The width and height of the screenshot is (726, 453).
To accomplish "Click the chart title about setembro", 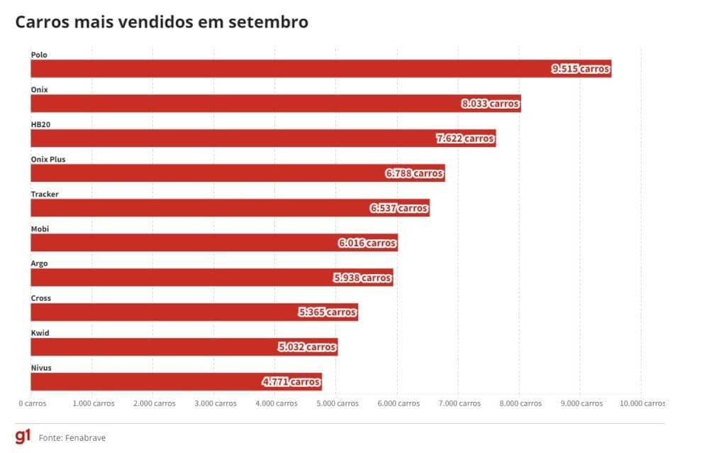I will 162,22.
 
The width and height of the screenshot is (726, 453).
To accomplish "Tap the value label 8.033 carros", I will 490,104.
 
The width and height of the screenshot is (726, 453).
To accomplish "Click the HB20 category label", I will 40,124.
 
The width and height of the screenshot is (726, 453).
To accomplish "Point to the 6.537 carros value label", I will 398,208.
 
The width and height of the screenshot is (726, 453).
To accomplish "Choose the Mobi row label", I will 40,229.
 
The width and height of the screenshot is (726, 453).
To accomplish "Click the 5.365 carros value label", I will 327,312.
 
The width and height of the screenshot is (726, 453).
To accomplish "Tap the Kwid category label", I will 40,333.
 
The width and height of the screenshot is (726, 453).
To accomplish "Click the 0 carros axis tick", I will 33,403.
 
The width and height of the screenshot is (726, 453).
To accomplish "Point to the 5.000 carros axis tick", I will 336,403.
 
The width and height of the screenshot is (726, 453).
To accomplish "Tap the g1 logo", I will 23,436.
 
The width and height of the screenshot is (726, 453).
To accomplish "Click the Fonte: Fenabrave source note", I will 72,437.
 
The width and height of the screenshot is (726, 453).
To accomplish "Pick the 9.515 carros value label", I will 581,69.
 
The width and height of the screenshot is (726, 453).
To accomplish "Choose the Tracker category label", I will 45,194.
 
